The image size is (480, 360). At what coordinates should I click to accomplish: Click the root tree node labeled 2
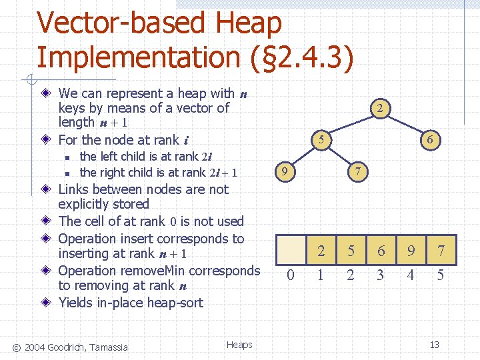coord(378,108)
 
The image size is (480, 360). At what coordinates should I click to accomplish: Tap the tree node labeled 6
coord(430,140)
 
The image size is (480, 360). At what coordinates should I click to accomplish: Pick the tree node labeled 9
coord(285,172)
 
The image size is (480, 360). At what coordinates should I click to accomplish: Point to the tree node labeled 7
coord(358,172)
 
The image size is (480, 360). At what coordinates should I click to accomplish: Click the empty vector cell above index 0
coord(291,251)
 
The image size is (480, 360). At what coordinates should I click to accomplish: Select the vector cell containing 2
coord(321,251)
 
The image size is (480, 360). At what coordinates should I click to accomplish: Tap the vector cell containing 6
coord(381,251)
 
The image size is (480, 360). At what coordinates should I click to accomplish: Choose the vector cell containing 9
coord(411,251)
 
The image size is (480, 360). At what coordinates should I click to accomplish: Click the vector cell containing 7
coord(441,251)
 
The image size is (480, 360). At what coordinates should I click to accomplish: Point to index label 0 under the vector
coord(290,275)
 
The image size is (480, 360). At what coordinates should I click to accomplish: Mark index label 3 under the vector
coord(380,275)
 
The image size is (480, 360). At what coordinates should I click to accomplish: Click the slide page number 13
coord(434,345)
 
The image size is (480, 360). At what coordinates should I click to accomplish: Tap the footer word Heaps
coord(239,345)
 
